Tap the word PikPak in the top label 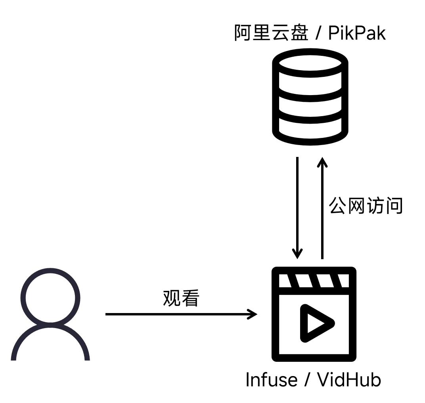(357, 34)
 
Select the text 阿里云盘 (271, 34)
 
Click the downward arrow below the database (297, 206)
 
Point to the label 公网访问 (366, 206)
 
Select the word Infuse (271, 380)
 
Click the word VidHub (349, 380)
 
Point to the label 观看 (181, 299)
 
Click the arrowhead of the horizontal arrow (252, 314)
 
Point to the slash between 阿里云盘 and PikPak (318, 34)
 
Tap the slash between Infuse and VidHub (307, 380)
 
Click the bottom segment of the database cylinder (310, 129)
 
